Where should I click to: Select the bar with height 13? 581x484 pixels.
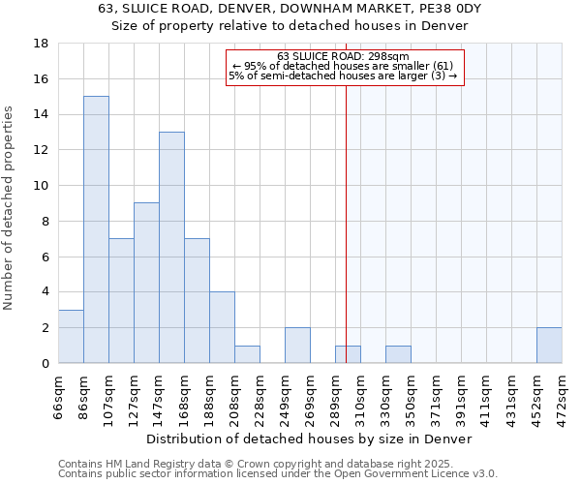click(x=171, y=247)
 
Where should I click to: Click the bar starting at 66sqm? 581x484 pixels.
click(x=71, y=336)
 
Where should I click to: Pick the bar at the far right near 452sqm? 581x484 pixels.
click(x=549, y=346)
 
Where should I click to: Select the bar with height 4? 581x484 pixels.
click(x=222, y=327)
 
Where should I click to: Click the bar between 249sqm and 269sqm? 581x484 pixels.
click(x=297, y=346)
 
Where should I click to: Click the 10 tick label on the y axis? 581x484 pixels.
click(x=42, y=186)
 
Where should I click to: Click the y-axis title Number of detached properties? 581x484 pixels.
click(x=10, y=208)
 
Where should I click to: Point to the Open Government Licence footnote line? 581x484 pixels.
click(x=277, y=473)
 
